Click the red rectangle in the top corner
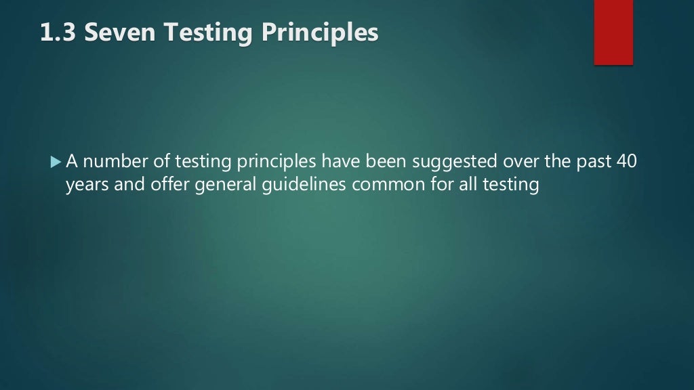tap(613, 32)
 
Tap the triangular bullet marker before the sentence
tap(56, 162)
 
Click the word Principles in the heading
tap(321, 33)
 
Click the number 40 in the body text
tap(628, 162)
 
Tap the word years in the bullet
tap(83, 186)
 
